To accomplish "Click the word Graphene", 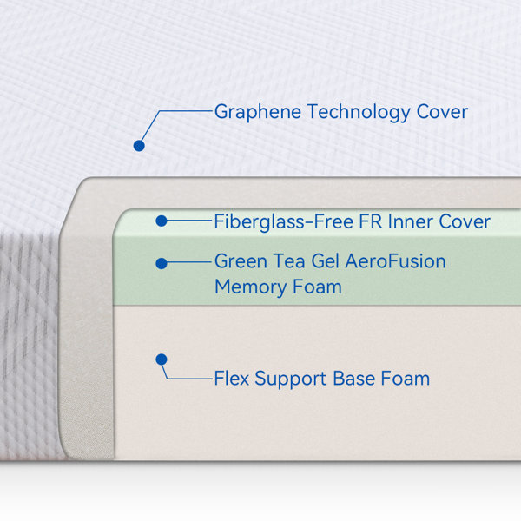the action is click(258, 112).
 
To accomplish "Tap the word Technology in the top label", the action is click(359, 112).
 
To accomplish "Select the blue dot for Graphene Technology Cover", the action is click(139, 146).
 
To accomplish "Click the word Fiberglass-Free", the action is click(283, 222).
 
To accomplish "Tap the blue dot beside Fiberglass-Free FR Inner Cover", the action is click(162, 221).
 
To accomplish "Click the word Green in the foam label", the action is click(241, 261).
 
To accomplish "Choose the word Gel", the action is click(326, 261).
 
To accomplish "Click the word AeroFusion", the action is click(395, 261).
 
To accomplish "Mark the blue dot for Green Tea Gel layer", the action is click(162, 263).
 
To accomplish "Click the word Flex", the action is click(232, 379).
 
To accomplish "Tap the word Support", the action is click(291, 379).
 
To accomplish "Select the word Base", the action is click(354, 379).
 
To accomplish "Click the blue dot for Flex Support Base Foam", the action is click(162, 359).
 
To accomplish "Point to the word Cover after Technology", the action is click(442, 112).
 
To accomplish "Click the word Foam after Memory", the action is click(317, 287).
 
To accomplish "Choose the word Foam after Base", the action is click(406, 379).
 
